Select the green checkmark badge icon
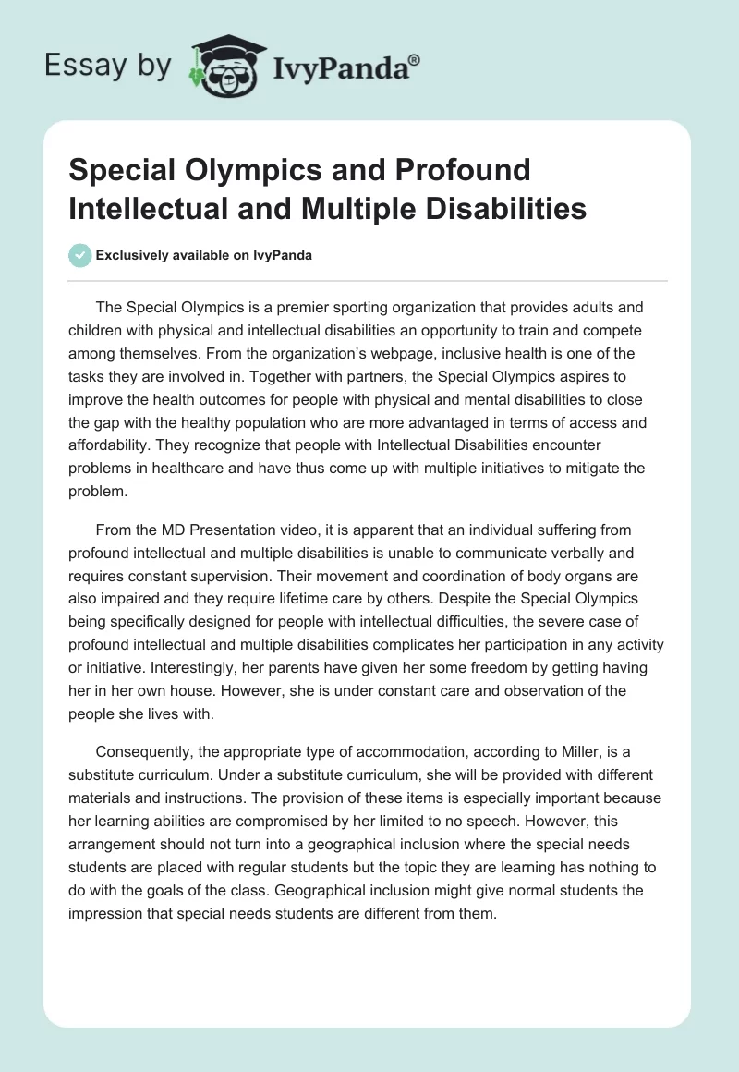coord(80,255)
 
